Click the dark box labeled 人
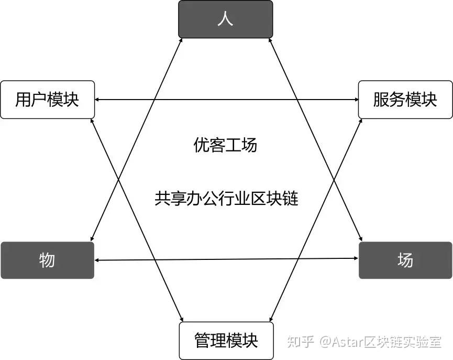click(225, 19)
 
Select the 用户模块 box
click(47, 100)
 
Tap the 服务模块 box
click(405, 100)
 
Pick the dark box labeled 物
click(47, 260)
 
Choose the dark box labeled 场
click(405, 260)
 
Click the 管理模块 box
click(226, 341)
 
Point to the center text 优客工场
click(225, 145)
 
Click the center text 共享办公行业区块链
click(226, 199)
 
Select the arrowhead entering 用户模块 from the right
click(98, 100)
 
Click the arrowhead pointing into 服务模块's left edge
click(355, 100)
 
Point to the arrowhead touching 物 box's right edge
click(98, 260)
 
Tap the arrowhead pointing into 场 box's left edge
click(355, 259)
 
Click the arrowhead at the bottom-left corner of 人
click(181, 42)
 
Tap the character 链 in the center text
click(290, 199)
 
